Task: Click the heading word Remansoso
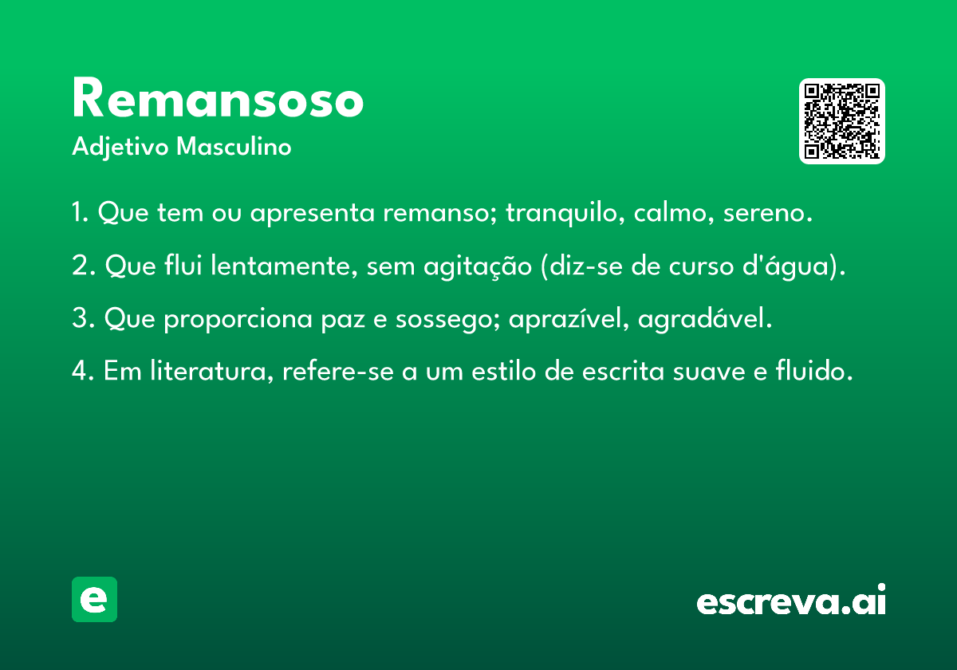[218, 97]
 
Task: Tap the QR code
[841, 121]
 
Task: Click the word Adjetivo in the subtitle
[120, 148]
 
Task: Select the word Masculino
[234, 146]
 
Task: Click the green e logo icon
[94, 599]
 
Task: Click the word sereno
[767, 213]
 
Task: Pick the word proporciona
[238, 320]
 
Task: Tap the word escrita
[623, 370]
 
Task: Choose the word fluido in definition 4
[814, 370]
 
